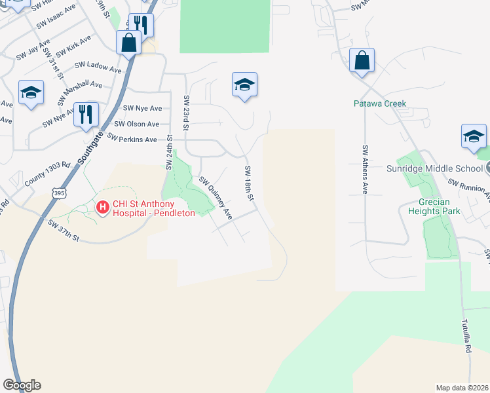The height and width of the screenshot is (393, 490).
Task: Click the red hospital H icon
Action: [103, 208]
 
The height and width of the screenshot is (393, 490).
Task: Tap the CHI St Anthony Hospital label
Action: [153, 208]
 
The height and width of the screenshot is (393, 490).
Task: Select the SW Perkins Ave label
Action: [132, 140]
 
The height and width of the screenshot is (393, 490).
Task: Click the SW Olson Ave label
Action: [137, 124]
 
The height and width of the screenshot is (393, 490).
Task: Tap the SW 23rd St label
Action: [187, 109]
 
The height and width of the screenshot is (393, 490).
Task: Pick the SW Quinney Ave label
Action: [216, 197]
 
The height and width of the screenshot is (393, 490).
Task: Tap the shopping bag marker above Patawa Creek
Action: [362, 61]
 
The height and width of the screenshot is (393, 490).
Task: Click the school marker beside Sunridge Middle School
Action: [474, 136]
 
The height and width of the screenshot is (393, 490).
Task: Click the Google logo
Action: [22, 385]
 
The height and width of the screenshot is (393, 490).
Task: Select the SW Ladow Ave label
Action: [98, 66]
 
